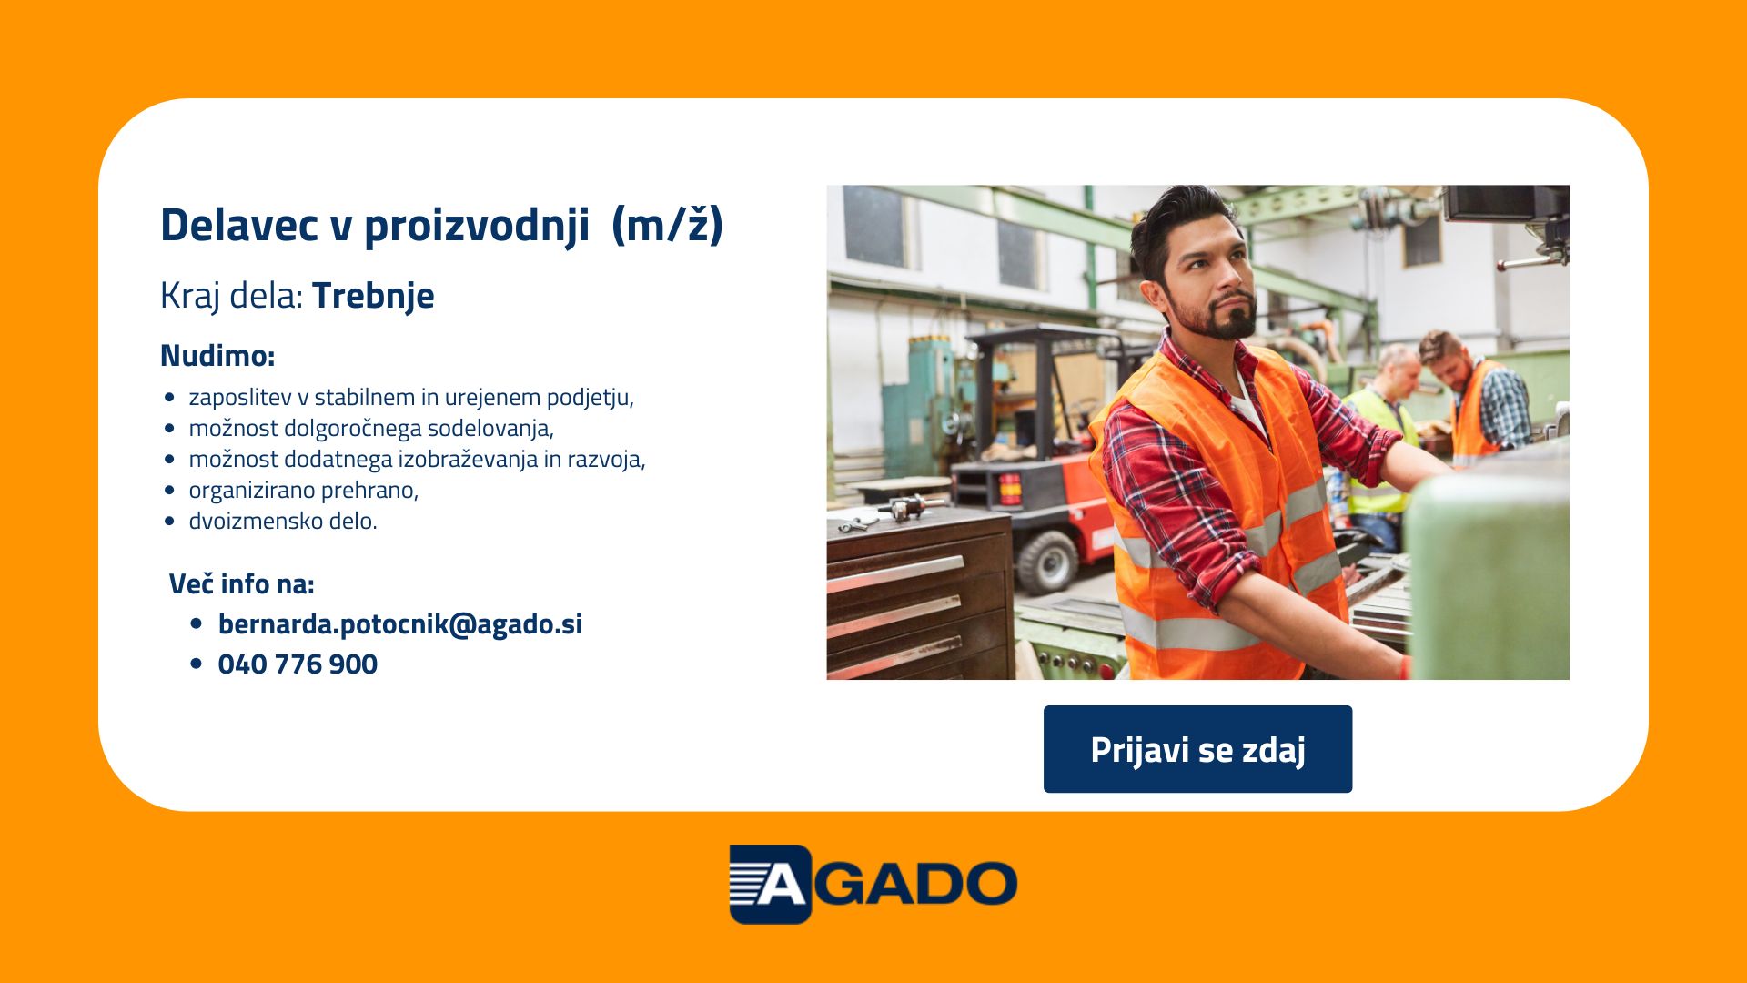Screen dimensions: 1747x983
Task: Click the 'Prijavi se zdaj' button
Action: (1197, 749)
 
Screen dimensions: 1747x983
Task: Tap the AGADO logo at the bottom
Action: (873, 884)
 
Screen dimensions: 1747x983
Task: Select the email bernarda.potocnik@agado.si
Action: (399, 624)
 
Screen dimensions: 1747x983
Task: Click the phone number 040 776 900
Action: (298, 664)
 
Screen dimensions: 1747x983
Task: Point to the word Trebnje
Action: (373, 296)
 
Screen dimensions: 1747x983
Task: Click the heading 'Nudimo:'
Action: (217, 355)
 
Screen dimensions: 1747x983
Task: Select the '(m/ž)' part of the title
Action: (667, 224)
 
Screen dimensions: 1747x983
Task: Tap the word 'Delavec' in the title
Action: (239, 224)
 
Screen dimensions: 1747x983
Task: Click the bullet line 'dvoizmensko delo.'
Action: (282, 521)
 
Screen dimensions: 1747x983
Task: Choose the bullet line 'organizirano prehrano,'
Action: (303, 491)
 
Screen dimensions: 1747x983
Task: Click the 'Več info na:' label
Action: (241, 583)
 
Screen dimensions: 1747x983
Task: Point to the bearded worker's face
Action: (1211, 278)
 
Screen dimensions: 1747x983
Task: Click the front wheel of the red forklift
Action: (1047, 562)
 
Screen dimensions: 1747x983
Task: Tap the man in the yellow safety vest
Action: (1380, 437)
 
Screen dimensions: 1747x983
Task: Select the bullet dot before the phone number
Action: (197, 664)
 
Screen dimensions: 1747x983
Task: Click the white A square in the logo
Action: (770, 884)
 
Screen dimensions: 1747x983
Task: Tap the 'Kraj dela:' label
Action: (231, 297)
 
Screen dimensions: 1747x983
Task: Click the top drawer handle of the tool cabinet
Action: (894, 574)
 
